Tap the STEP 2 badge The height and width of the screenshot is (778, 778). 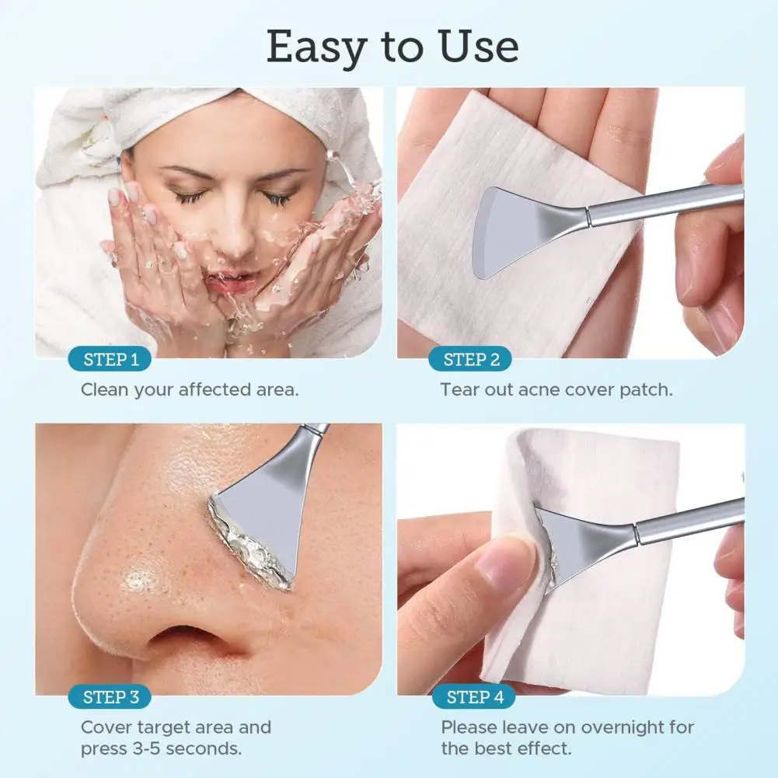(x=471, y=360)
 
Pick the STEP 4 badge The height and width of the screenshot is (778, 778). (x=472, y=697)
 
